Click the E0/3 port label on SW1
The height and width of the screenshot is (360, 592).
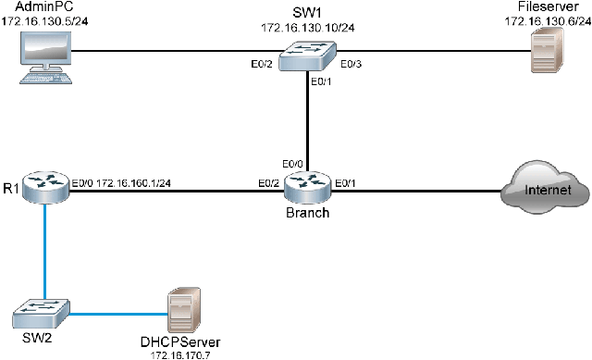point(351,64)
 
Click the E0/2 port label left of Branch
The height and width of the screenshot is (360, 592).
point(269,182)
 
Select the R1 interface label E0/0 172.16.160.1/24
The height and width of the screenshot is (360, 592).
point(121,182)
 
